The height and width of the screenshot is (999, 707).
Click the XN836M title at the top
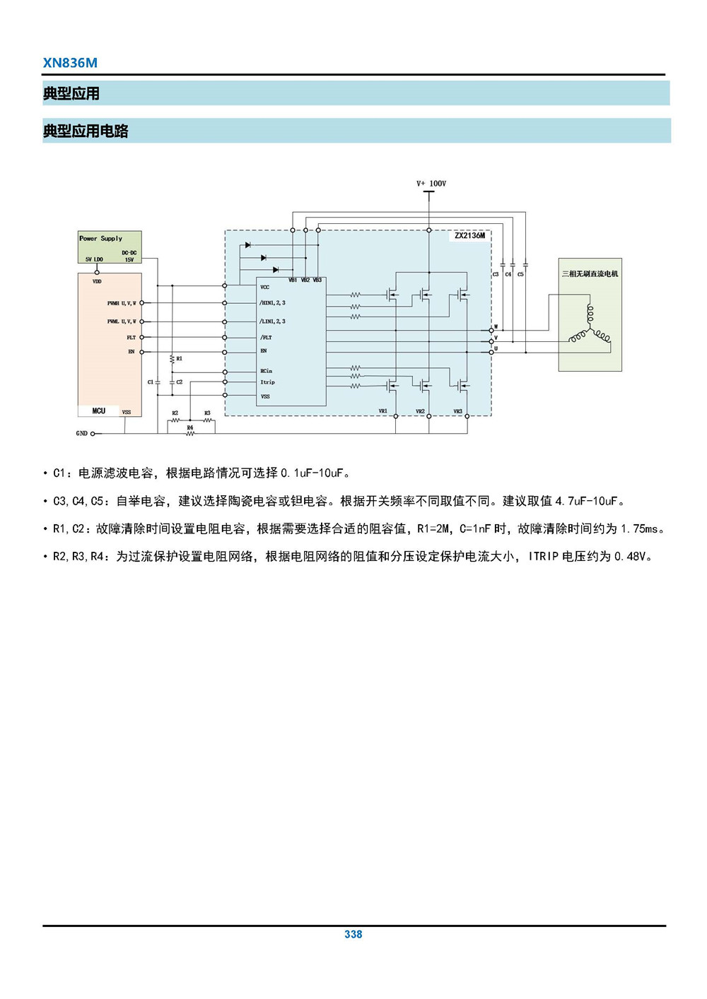pyautogui.click(x=70, y=63)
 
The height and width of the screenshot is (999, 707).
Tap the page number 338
pyautogui.click(x=353, y=934)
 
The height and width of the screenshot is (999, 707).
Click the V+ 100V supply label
pyautogui.click(x=431, y=184)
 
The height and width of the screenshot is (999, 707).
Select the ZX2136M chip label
pyautogui.click(x=469, y=236)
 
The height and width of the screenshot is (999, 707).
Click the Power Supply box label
pyautogui.click(x=100, y=239)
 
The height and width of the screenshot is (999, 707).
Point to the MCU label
pyautogui.click(x=98, y=410)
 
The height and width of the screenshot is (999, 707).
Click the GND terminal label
pyautogui.click(x=81, y=433)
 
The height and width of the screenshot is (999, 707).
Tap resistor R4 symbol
pyautogui.click(x=189, y=433)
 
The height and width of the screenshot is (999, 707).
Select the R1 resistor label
pyautogui.click(x=180, y=359)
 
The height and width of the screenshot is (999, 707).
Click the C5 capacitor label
pyautogui.click(x=520, y=274)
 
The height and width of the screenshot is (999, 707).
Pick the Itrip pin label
pyautogui.click(x=267, y=382)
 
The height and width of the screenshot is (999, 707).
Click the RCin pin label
pyautogui.click(x=266, y=371)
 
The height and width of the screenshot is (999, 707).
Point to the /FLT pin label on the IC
pyautogui.click(x=265, y=338)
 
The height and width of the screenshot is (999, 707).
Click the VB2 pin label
pyautogui.click(x=305, y=280)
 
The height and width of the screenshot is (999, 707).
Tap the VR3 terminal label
pyautogui.click(x=457, y=411)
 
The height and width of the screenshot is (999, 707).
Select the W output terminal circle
pyautogui.click(x=491, y=331)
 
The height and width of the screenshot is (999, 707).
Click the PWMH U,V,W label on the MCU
pyautogui.click(x=122, y=303)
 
